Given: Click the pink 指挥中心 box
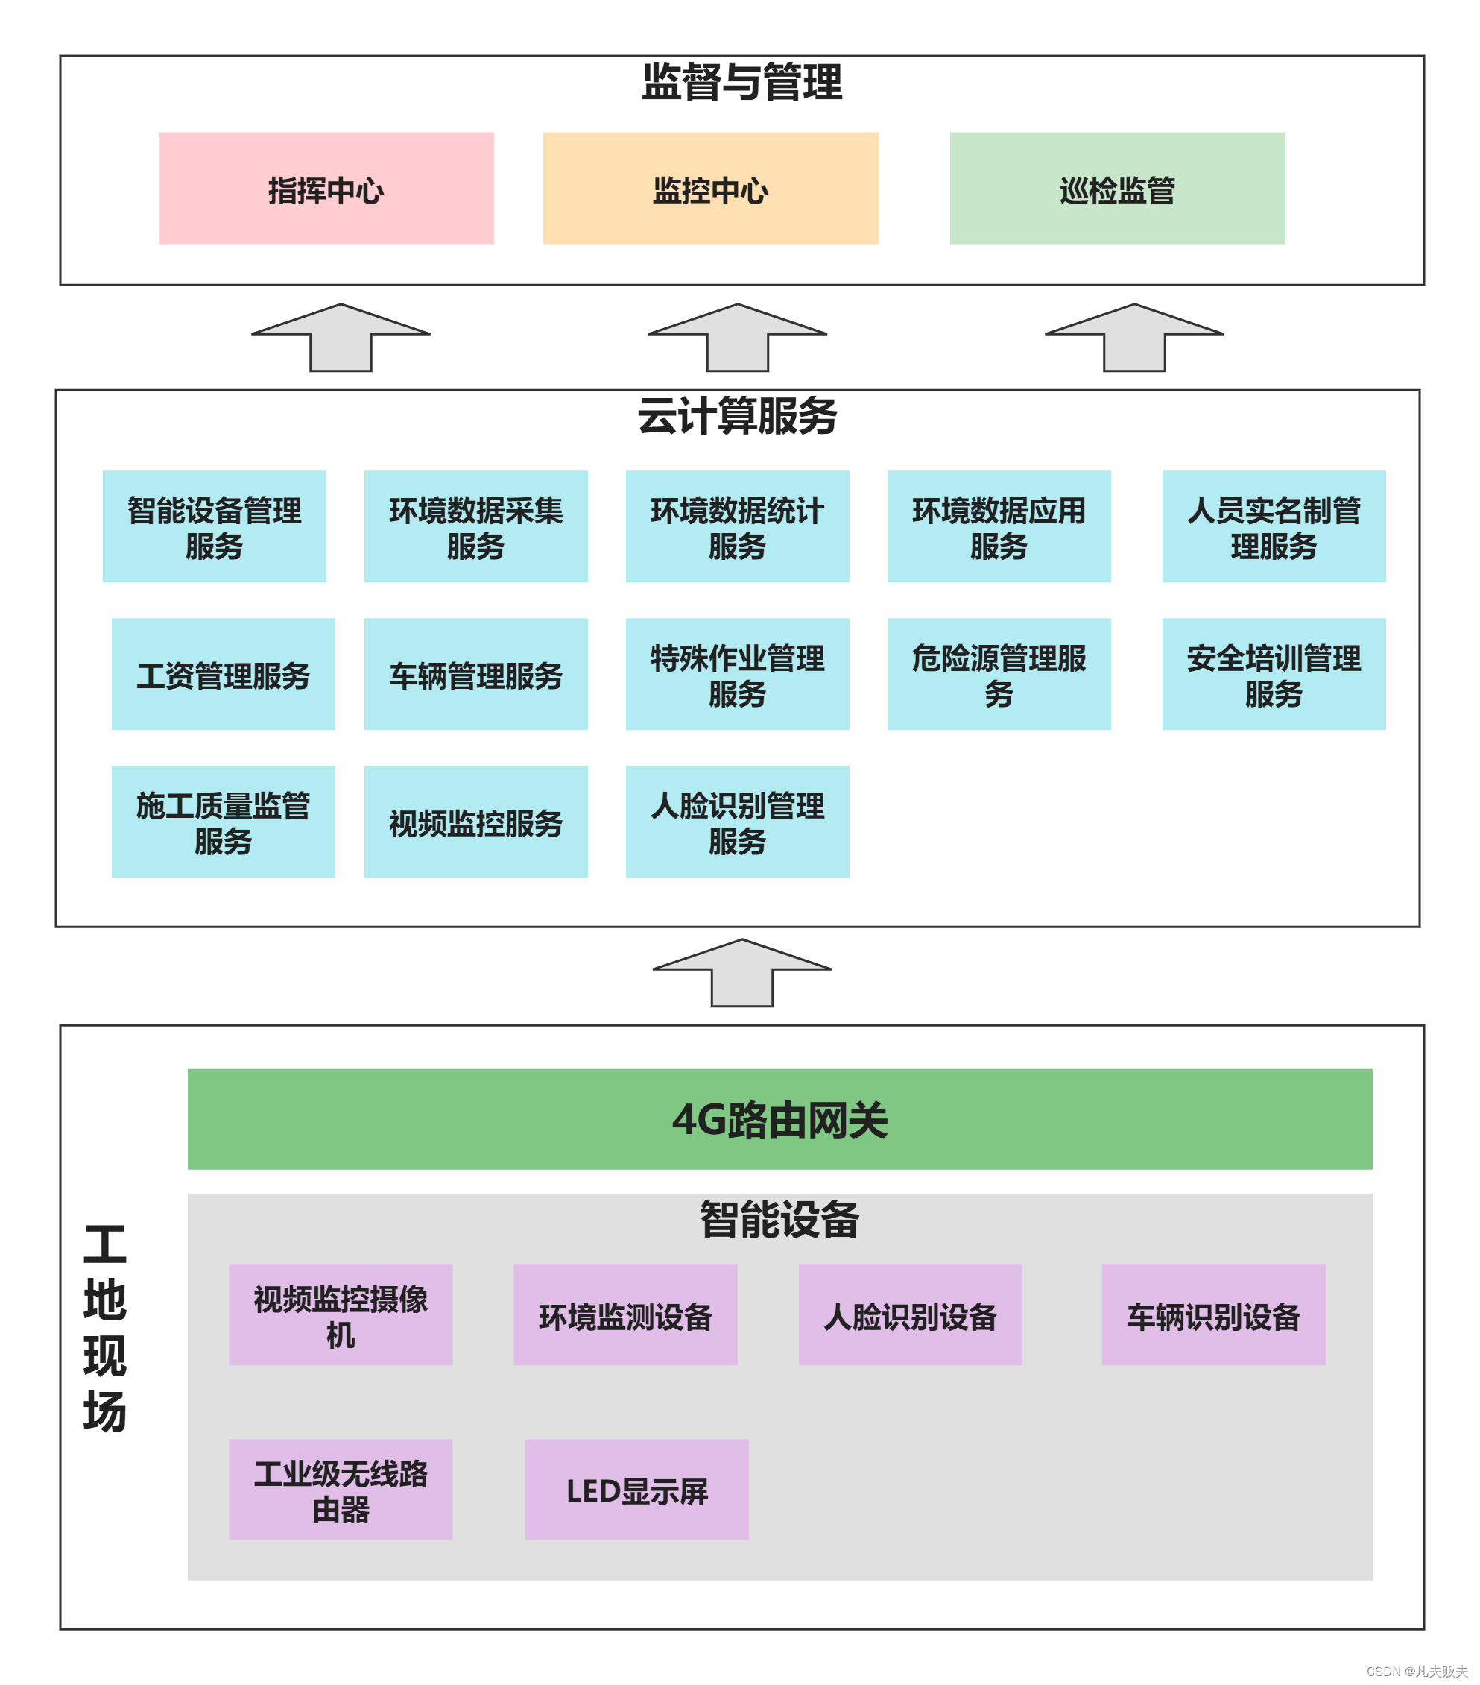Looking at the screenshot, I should click(x=326, y=188).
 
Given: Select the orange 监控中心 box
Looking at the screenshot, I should click(x=709, y=188).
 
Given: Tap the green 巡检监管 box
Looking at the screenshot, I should click(x=1116, y=188).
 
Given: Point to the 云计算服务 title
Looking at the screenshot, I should click(x=737, y=415).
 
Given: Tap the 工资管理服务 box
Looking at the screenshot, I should click(x=224, y=673).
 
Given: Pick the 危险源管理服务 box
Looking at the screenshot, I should click(x=998, y=673).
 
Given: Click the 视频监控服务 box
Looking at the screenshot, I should click(x=475, y=821).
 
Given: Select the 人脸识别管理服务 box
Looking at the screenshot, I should click(x=737, y=821).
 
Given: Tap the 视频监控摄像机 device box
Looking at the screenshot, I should click(x=341, y=1315).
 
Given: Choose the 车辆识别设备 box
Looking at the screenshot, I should click(x=1213, y=1315).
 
